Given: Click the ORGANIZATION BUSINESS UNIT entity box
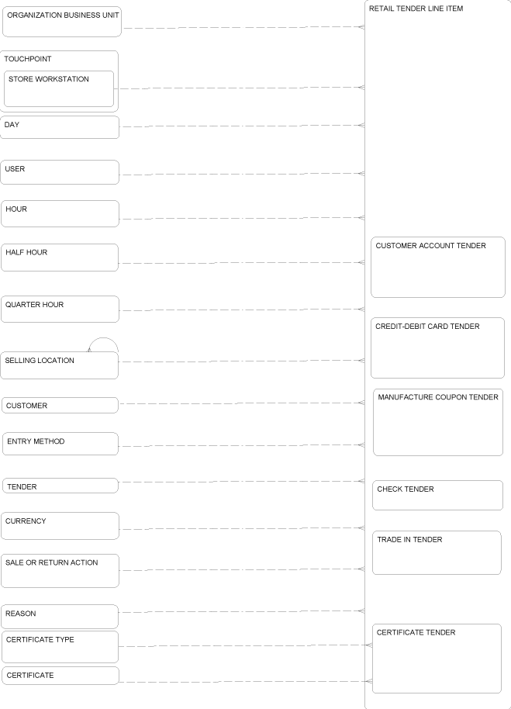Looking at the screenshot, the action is (x=62, y=22).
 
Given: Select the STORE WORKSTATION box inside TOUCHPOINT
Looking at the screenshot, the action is (x=59, y=88).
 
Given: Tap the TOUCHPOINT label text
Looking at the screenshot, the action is (x=28, y=59).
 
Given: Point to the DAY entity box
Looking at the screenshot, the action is (x=60, y=127).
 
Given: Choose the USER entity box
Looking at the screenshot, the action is (x=60, y=172).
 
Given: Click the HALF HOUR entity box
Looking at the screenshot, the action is (x=60, y=258).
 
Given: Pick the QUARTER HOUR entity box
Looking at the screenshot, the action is (x=60, y=310).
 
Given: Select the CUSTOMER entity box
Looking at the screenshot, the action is (x=60, y=405).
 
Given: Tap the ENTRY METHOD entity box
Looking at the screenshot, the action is (x=60, y=444).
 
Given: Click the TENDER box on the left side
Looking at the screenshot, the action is (x=60, y=486).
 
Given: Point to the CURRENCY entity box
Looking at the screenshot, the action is (x=60, y=526).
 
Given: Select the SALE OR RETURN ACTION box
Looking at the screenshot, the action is (x=60, y=571).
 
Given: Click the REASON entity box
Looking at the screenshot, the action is (x=60, y=617).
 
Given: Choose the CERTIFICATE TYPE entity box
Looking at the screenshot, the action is (x=60, y=647).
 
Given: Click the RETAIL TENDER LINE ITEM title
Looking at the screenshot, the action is (x=416, y=9).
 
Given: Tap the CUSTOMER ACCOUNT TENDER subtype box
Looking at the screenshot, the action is (x=438, y=267).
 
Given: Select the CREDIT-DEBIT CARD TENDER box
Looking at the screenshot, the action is (x=438, y=348).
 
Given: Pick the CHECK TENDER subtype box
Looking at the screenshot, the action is (x=438, y=495).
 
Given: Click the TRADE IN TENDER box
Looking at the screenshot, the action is (x=437, y=552).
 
